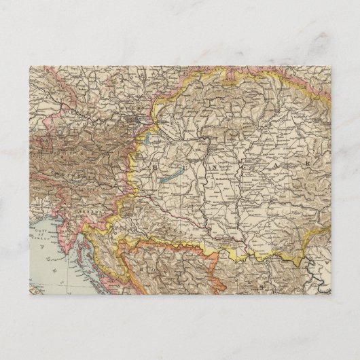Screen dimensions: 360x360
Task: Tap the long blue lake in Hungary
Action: click(x=169, y=179)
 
